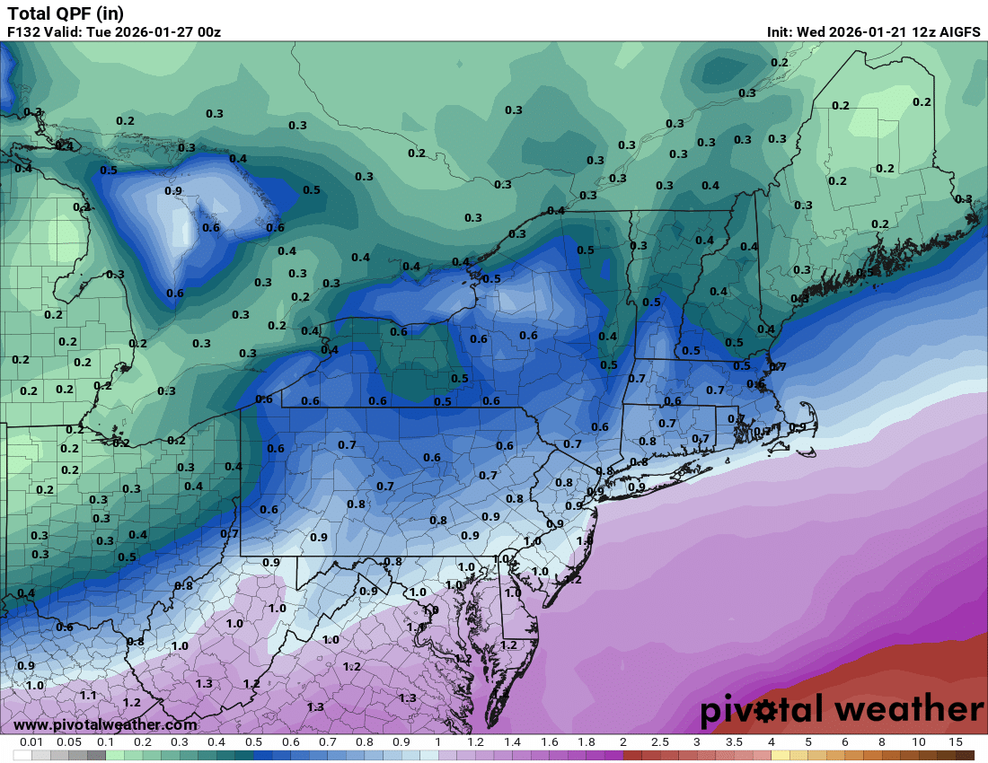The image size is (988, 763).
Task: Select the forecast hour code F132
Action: coord(24,32)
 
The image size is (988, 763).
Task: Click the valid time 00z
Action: coord(208,32)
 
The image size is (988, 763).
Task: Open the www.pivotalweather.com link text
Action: coord(105,724)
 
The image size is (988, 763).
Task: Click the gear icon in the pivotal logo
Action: coord(766,711)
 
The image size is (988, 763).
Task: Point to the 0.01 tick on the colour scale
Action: coord(32,742)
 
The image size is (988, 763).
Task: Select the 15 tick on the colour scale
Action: coord(956,742)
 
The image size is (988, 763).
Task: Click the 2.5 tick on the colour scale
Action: coord(659,742)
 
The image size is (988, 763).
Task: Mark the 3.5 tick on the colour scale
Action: coord(734,742)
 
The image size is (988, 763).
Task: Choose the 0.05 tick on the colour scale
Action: coord(69,742)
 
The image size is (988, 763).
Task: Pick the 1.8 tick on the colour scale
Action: coord(586,742)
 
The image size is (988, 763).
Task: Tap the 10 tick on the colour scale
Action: coord(919,742)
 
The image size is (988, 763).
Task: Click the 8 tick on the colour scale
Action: coord(882,742)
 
